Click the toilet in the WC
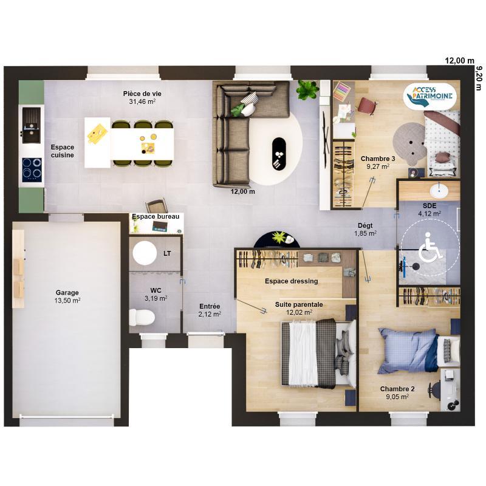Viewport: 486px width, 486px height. coord(141,317)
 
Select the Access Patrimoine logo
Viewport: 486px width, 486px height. coord(432,96)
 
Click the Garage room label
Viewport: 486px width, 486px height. coord(67,292)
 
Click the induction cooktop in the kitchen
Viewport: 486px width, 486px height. coord(32,169)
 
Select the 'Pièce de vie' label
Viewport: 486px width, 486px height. coord(142,94)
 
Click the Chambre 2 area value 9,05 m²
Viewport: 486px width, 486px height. coord(398,397)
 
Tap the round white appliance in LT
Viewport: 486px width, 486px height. coord(145,252)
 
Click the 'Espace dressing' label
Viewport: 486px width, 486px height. coord(291,281)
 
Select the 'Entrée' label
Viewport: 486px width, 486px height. coord(209,306)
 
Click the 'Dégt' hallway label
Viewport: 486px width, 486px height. coord(365,225)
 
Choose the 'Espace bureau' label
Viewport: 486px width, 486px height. coord(156,216)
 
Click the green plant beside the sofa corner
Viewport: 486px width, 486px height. coord(307,91)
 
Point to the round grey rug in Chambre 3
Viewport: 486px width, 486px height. coord(408,139)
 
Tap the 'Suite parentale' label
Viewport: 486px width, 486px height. coord(299,304)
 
